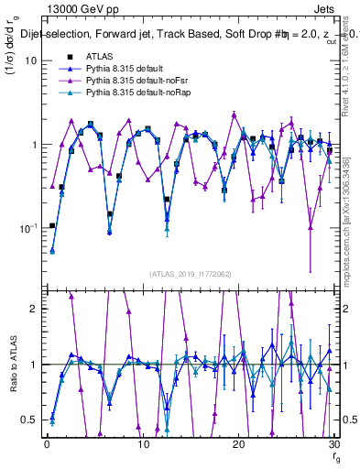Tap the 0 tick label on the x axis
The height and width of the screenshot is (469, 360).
(x=47, y=444)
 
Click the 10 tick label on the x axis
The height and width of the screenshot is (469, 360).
(x=142, y=444)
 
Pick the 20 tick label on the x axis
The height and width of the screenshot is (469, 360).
(x=238, y=444)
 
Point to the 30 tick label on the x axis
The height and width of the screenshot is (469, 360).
(x=333, y=444)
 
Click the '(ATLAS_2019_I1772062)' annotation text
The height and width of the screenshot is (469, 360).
(x=190, y=274)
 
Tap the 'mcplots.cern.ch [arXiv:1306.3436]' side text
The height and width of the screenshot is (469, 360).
(x=349, y=205)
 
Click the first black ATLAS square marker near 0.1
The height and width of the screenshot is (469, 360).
(x=52, y=225)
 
